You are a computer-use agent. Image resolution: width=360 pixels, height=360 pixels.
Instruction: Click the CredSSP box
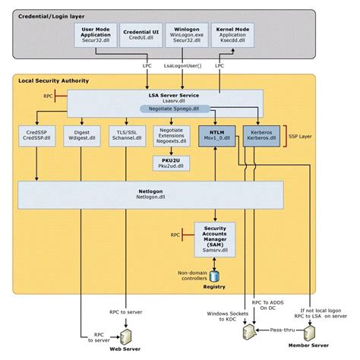coord(37,135)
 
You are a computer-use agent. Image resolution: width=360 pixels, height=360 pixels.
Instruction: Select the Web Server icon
coord(125,335)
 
